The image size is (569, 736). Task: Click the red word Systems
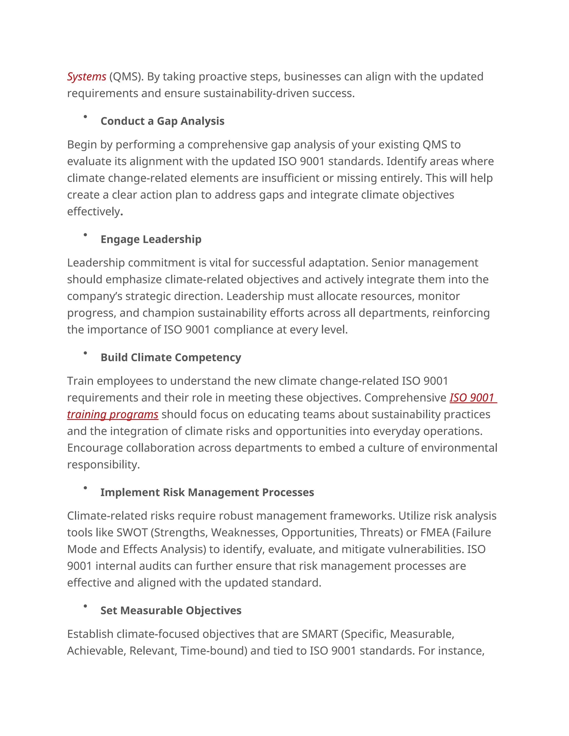click(x=87, y=77)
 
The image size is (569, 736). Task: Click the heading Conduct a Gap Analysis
click(x=162, y=121)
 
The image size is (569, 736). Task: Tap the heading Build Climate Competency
click(x=171, y=357)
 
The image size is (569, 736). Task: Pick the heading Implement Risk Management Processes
click(x=207, y=492)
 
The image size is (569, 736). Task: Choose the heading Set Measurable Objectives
click(x=171, y=611)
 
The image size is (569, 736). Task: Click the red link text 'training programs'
click(x=113, y=414)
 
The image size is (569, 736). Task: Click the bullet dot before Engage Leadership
click(x=85, y=235)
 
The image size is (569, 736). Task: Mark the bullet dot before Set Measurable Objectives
click(x=85, y=606)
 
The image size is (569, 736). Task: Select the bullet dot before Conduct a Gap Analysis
click(x=85, y=117)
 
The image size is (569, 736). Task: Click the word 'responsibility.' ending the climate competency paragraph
click(x=103, y=465)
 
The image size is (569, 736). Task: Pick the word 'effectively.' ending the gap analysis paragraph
click(x=95, y=212)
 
